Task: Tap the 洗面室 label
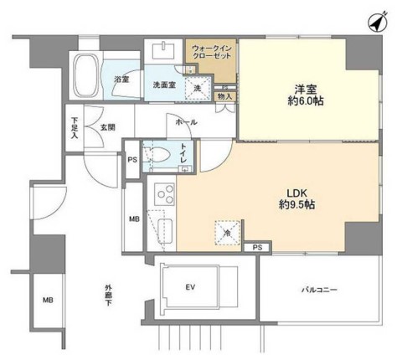[162, 85]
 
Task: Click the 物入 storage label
[224, 97]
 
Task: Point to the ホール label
[186, 122]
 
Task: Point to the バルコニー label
[319, 290]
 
